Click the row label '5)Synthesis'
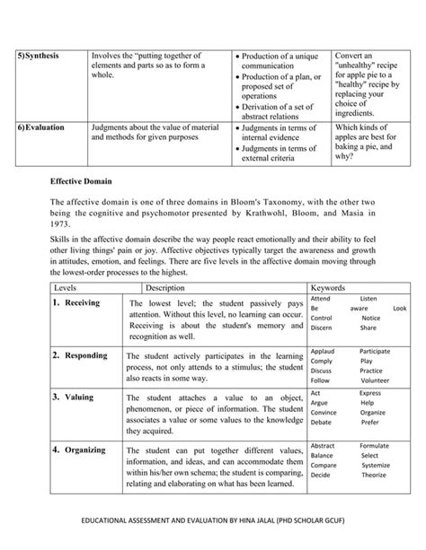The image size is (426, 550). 37,56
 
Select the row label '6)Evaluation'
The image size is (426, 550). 40,127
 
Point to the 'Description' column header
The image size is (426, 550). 164,287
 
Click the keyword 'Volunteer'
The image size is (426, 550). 375,380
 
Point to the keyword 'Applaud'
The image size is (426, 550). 322,351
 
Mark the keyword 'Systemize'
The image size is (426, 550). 376,466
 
